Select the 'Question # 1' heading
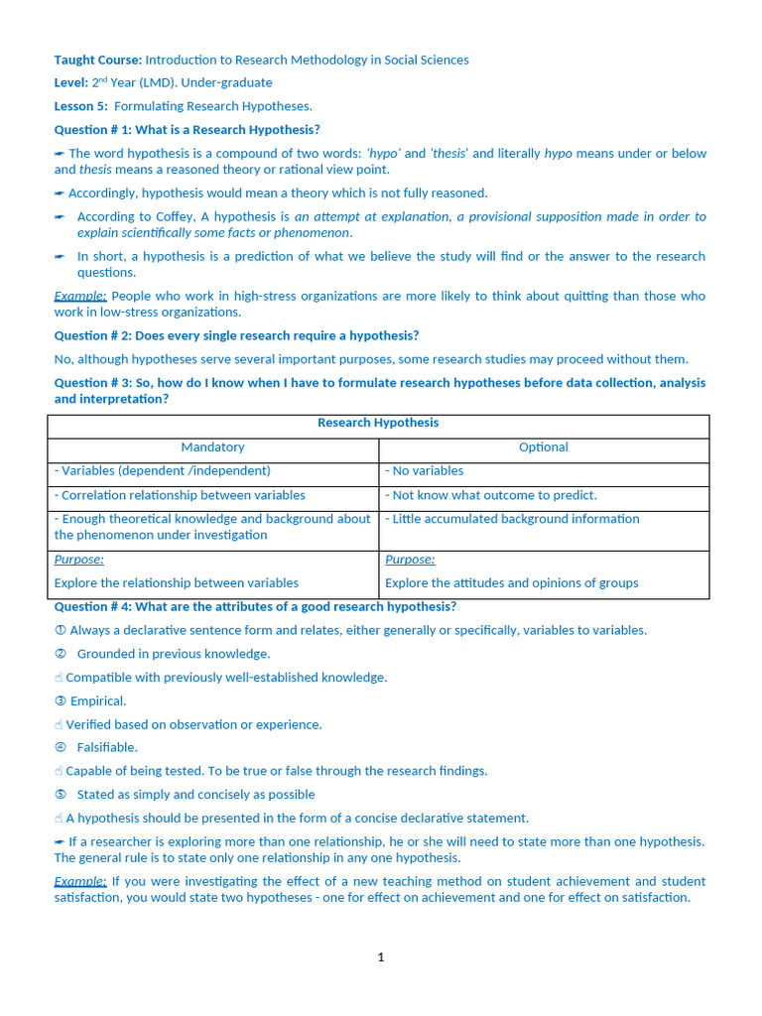click(187, 130)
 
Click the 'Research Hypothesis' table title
click(377, 423)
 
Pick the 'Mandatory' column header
click(212, 447)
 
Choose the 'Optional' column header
click(543, 447)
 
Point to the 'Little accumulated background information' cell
click(512, 519)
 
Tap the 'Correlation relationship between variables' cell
click(180, 495)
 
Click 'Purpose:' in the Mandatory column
click(79, 560)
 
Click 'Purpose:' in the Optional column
click(410, 560)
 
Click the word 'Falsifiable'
click(107, 747)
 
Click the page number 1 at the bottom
click(380, 957)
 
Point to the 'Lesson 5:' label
click(81, 106)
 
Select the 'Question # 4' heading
click(255, 606)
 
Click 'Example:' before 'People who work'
click(80, 296)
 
